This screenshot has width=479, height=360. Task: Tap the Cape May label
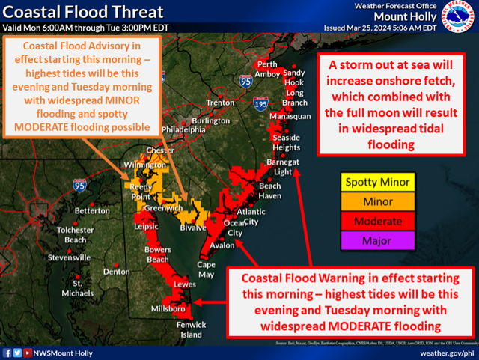coord(206,269)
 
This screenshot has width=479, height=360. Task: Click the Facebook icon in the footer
coord(7,352)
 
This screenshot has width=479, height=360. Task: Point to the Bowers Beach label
coord(158,254)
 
